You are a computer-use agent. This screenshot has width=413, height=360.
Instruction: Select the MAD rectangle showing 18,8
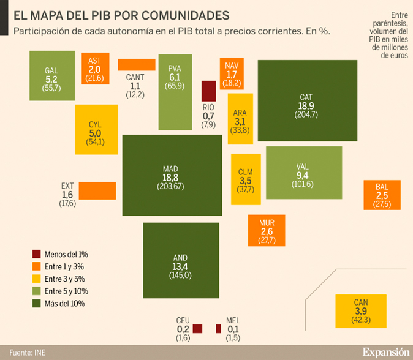tap(172, 174)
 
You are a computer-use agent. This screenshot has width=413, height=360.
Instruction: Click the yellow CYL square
tap(96, 129)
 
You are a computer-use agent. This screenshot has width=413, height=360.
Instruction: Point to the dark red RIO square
tap(209, 91)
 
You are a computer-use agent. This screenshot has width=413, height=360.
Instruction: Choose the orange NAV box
tap(232, 73)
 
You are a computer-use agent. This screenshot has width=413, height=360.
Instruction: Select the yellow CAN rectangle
tap(362, 310)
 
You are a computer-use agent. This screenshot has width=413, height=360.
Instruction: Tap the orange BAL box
tap(382, 195)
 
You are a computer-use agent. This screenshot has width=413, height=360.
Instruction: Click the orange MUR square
tap(267, 230)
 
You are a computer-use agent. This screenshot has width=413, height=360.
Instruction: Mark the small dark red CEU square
tap(197, 329)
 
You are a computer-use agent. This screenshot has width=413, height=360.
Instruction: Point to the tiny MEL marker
tap(218, 329)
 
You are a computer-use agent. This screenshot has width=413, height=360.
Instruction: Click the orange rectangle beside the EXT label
tap(97, 190)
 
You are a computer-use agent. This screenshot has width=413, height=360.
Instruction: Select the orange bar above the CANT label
tap(137, 64)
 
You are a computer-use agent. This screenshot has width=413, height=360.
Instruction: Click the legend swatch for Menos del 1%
tap(37, 253)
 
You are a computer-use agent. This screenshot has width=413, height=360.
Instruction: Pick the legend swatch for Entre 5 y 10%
tap(37, 291)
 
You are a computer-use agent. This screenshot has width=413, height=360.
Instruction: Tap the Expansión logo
tap(385, 352)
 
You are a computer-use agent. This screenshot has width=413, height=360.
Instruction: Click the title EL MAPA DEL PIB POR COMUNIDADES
tap(122, 15)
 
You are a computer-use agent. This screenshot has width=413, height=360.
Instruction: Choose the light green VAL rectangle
tap(304, 173)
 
